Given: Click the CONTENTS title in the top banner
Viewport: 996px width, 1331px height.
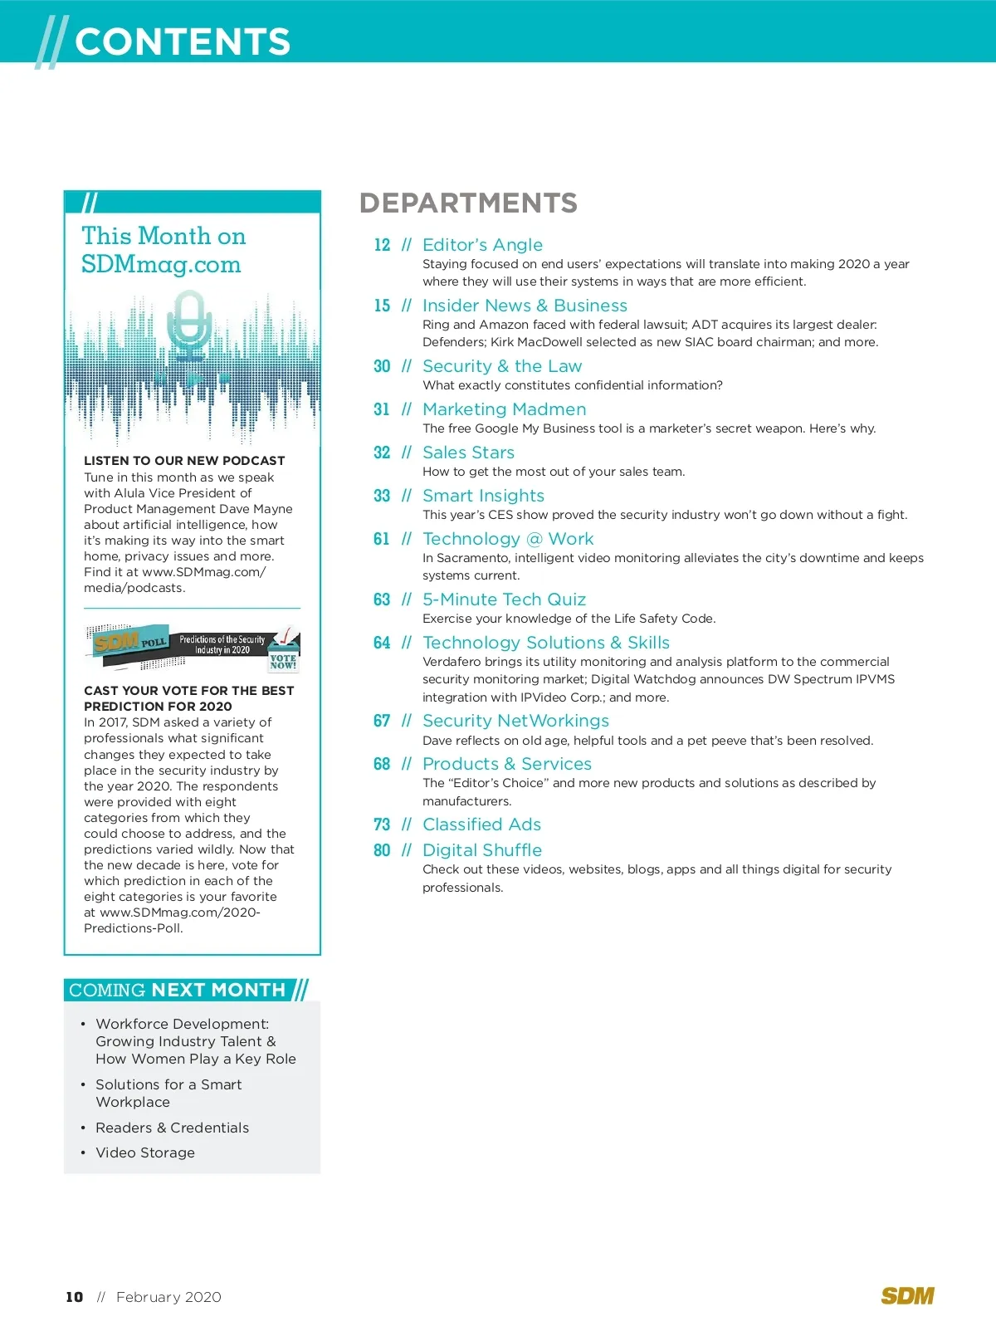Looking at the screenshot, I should tap(183, 42).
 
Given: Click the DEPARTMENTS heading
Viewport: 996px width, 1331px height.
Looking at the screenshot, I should tap(468, 203).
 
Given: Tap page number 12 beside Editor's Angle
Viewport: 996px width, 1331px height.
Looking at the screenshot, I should tap(382, 245).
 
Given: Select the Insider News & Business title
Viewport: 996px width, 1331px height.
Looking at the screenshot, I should tap(525, 306).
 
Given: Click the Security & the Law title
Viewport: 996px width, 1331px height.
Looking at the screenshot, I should tap(502, 366).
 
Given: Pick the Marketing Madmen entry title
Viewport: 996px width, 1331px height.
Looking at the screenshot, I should tap(504, 409).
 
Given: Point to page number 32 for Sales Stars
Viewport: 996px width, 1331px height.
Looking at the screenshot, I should tap(382, 453).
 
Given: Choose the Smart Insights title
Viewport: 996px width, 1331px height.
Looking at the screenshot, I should tap(483, 496).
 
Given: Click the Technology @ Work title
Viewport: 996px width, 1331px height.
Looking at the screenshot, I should tap(508, 539).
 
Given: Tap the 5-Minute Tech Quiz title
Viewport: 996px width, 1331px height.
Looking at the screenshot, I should tap(504, 599).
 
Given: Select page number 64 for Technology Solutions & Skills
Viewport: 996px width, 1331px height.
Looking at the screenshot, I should tap(382, 643).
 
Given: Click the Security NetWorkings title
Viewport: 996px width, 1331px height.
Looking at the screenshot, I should tap(515, 721).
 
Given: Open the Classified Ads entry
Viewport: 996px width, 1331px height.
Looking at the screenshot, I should tap(481, 825).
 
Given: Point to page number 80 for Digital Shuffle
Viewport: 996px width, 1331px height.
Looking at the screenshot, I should tap(382, 850).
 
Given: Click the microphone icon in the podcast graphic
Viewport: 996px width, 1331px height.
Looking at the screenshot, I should tap(190, 324).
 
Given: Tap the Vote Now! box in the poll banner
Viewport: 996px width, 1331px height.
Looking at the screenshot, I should tap(283, 661).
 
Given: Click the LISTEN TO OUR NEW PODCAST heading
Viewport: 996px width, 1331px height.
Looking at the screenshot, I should tap(184, 461).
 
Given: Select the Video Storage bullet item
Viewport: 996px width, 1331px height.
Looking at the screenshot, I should tap(145, 1152).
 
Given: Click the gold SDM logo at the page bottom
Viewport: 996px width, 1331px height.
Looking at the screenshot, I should tap(907, 1296).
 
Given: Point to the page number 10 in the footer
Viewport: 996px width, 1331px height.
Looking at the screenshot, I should tap(75, 1297).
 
